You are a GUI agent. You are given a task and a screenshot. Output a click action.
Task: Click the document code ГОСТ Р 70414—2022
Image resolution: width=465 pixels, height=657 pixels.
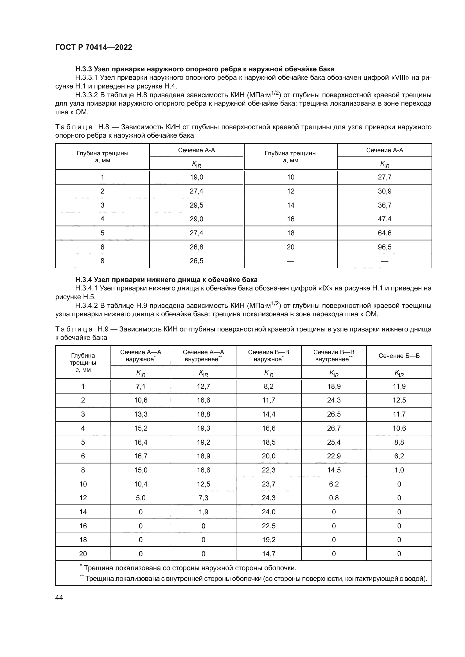(x=94, y=47)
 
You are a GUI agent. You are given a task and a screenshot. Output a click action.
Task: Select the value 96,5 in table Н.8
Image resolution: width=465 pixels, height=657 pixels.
(x=385, y=247)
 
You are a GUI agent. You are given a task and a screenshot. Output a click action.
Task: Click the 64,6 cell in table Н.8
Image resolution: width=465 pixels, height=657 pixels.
(x=385, y=233)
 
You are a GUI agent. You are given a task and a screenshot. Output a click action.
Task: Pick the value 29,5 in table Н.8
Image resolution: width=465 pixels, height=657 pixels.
(x=197, y=205)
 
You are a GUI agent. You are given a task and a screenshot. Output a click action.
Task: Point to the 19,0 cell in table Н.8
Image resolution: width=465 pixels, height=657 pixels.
(x=197, y=177)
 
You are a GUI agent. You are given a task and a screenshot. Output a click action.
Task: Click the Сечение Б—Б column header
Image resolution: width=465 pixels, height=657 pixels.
(x=399, y=356)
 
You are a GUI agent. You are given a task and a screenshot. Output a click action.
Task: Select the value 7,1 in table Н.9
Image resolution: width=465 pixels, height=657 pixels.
(x=141, y=386)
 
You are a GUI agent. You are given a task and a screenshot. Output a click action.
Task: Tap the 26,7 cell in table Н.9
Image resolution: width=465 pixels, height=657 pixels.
(x=334, y=428)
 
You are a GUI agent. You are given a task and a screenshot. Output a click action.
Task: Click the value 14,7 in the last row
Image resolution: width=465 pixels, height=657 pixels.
(x=268, y=554)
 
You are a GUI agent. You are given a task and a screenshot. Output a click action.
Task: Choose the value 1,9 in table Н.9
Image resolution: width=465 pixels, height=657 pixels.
(x=203, y=512)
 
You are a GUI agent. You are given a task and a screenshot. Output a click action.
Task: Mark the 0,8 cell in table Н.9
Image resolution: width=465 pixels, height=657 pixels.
(x=334, y=498)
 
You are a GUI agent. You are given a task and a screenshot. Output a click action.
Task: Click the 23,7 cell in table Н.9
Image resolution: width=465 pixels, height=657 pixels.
(x=268, y=484)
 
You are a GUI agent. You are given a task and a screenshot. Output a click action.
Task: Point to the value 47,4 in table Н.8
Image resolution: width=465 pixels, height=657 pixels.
(x=385, y=219)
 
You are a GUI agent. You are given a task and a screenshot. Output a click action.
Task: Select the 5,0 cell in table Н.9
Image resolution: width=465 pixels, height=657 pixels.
(x=141, y=498)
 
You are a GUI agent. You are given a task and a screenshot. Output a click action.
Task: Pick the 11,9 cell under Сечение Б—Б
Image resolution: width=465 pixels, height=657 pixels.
(x=399, y=386)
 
